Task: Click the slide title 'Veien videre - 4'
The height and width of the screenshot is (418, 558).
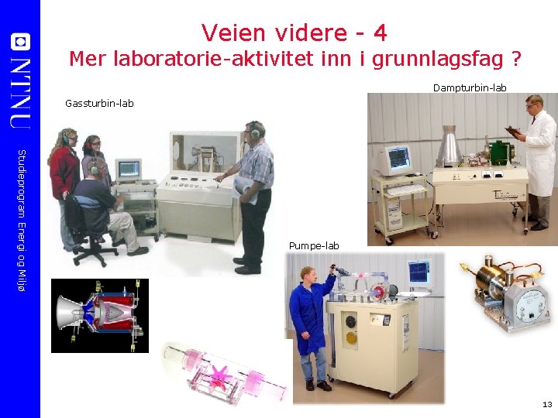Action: [x=294, y=33]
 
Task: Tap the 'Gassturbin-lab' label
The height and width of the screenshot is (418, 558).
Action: [x=99, y=103]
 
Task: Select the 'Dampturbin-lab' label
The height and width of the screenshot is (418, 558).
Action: [x=469, y=88]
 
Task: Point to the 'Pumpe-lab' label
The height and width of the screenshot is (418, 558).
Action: [x=314, y=246]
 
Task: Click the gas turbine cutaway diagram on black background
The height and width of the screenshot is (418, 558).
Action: [x=99, y=316]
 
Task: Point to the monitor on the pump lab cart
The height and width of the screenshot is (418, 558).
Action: [x=418, y=271]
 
